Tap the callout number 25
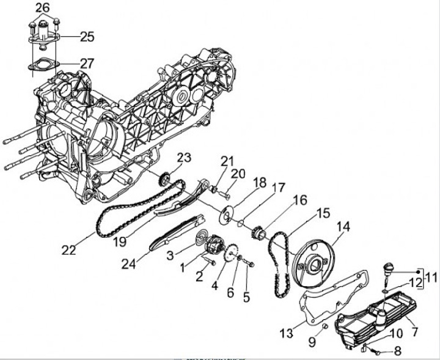(87, 37)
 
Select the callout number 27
(87, 63)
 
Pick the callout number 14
(343, 226)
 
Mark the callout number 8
(397, 351)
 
